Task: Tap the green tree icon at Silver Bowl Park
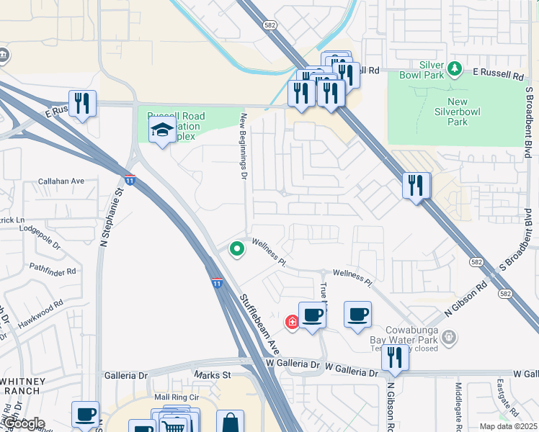point(455,69)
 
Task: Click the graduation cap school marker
point(162,131)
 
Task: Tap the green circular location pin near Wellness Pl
point(236,250)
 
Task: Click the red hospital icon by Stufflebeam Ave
point(292,322)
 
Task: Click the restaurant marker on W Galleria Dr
point(394,356)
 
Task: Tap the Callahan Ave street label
point(61,181)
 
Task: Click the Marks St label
point(212,375)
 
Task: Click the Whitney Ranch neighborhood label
point(23,386)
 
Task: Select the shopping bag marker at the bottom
point(230,422)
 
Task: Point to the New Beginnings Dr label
point(244,146)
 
